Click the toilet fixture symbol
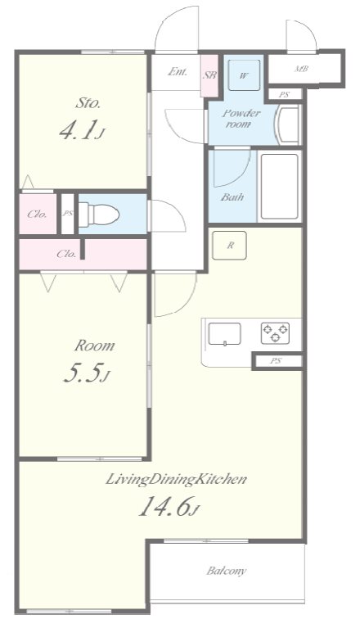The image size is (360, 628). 98,215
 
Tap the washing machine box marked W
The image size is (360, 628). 244,75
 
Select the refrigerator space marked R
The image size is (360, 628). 229,246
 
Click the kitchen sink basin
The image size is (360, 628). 225,333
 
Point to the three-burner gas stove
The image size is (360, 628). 275,333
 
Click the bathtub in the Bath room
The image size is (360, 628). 280,186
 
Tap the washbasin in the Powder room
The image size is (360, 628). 288,125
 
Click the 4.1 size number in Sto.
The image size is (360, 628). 82,130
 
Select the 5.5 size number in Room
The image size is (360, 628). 87,373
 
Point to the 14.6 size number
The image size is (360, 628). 169,506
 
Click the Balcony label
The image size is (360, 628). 227,571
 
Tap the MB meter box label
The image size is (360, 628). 301,69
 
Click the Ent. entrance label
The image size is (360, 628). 178,72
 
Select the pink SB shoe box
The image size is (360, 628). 209,75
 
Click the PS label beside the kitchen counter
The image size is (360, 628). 275,361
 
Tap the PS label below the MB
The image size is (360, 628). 284,95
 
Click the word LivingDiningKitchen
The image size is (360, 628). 176,480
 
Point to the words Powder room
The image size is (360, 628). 241,119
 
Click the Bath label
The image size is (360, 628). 232,197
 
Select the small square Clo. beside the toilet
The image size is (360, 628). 38,214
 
